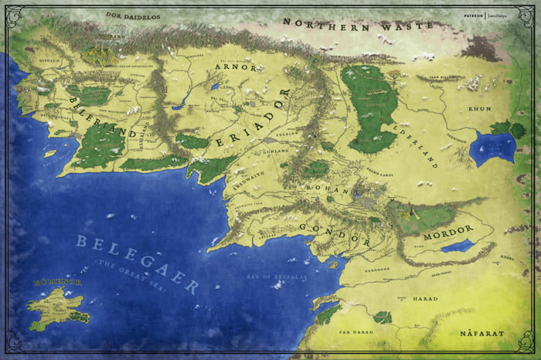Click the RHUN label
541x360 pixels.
[x=480, y=109]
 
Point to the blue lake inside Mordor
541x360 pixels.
[x=457, y=246]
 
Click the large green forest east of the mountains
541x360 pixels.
[x=375, y=104]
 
